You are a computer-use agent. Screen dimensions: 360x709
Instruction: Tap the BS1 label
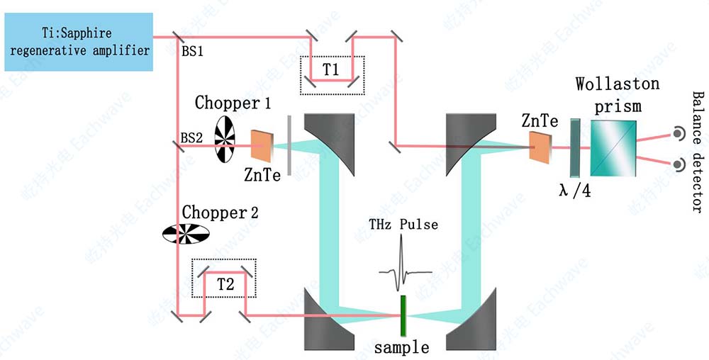pyautogui.click(x=193, y=52)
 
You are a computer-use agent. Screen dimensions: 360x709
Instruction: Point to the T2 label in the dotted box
pyautogui.click(x=225, y=284)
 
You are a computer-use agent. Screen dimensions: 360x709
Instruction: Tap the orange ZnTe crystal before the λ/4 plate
pyautogui.click(x=541, y=149)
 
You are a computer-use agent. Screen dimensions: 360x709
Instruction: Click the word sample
pyautogui.click(x=401, y=347)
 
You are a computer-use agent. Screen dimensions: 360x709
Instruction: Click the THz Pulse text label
pyautogui.click(x=403, y=225)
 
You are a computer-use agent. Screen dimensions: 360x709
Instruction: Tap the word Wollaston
pyautogui.click(x=618, y=84)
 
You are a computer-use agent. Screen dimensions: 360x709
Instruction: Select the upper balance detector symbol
pyautogui.click(x=679, y=133)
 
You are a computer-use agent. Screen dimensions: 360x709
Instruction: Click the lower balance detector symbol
pyautogui.click(x=679, y=164)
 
